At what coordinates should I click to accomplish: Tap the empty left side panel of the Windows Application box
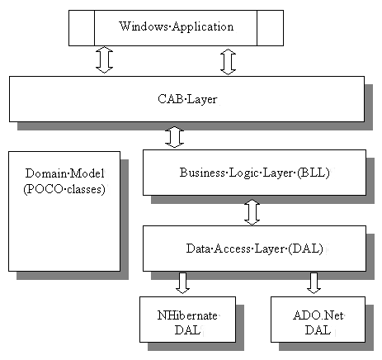82,28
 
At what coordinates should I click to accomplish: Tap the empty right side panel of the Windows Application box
270,28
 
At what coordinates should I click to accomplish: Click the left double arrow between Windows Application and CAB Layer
105,59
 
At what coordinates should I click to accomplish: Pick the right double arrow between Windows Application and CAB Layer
229,62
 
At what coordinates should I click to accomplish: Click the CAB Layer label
187,99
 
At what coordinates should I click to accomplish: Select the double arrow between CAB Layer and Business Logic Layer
174,137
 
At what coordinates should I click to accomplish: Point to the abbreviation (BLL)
314,173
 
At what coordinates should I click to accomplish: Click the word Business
202,173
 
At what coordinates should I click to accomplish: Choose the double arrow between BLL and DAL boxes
252,212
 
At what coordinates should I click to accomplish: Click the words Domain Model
65,173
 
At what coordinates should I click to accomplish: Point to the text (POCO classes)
64,189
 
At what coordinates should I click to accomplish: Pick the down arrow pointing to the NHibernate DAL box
182,283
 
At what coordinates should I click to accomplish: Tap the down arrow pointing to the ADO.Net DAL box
314,283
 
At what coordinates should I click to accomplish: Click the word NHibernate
187,315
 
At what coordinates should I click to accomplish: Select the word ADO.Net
318,315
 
